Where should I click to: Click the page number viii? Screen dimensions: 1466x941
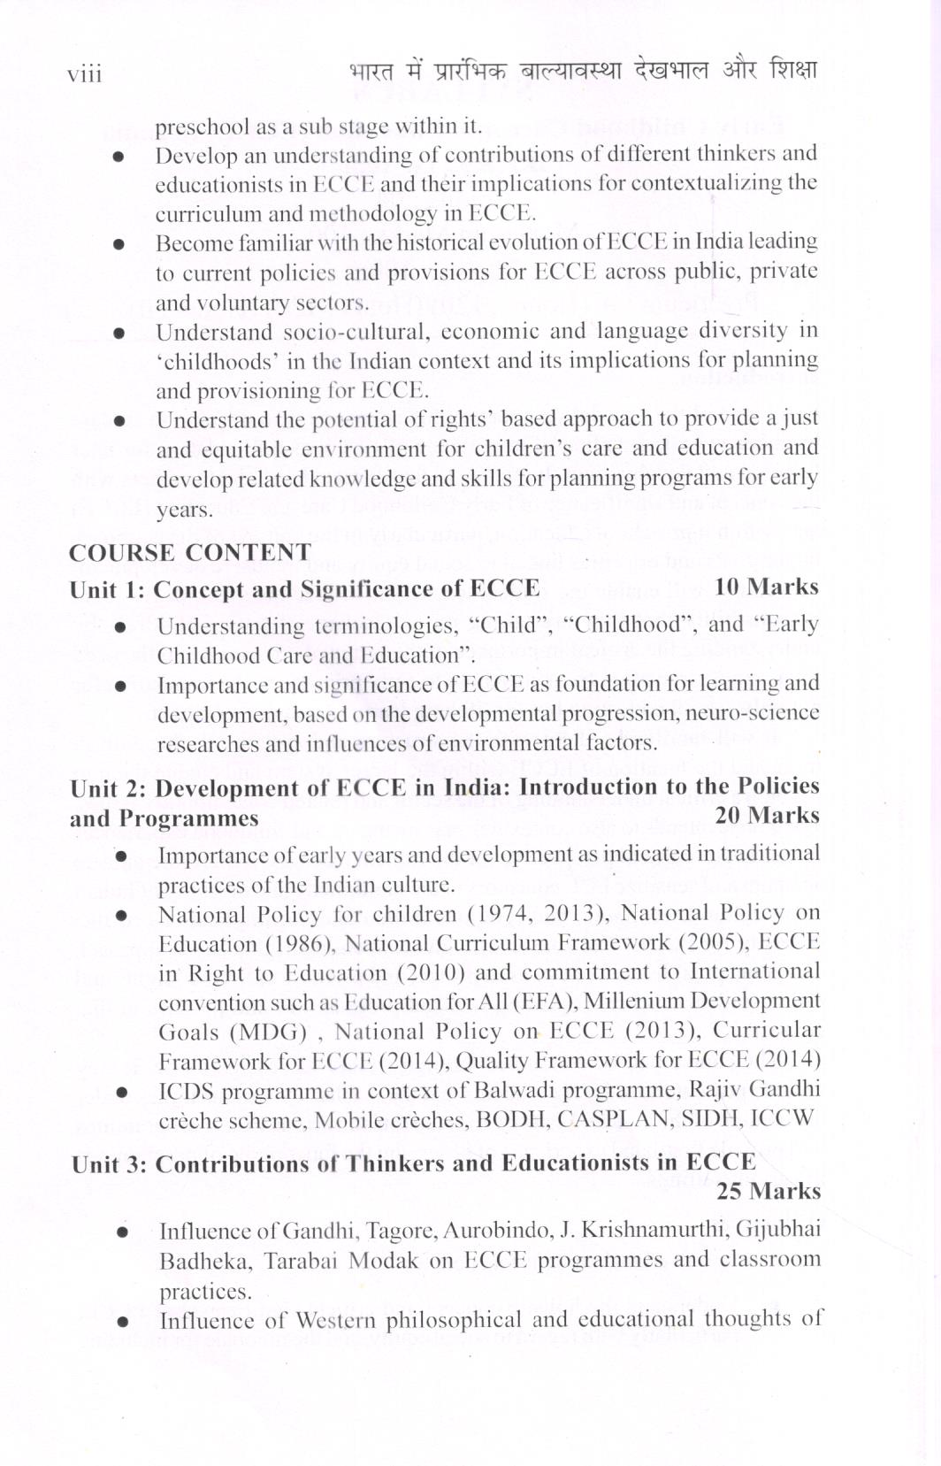pyautogui.click(x=85, y=74)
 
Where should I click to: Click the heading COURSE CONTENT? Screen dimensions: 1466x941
pyautogui.click(x=190, y=553)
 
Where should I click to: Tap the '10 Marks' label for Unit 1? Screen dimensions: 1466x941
pyautogui.click(x=766, y=587)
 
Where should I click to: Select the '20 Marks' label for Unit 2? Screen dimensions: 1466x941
pyautogui.click(x=767, y=815)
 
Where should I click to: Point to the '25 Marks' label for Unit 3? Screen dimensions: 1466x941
pyautogui.click(x=768, y=1191)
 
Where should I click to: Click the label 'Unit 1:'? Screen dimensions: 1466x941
pyautogui.click(x=108, y=589)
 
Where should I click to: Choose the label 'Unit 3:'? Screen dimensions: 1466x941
pyautogui.click(x=110, y=1163)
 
